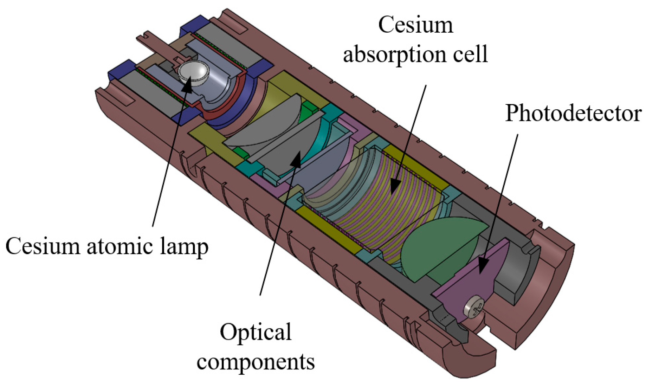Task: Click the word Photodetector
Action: pyautogui.click(x=573, y=114)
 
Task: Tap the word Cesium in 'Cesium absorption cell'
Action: pyautogui.click(x=415, y=25)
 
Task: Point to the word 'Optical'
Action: pyautogui.click(x=256, y=332)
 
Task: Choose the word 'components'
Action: pyautogui.click(x=256, y=362)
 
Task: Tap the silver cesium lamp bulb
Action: pyautogui.click(x=194, y=72)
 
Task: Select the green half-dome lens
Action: pyautogui.click(x=439, y=246)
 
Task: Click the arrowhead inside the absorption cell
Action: pyautogui.click(x=395, y=186)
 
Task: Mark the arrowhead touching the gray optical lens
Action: pyautogui.click(x=296, y=158)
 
